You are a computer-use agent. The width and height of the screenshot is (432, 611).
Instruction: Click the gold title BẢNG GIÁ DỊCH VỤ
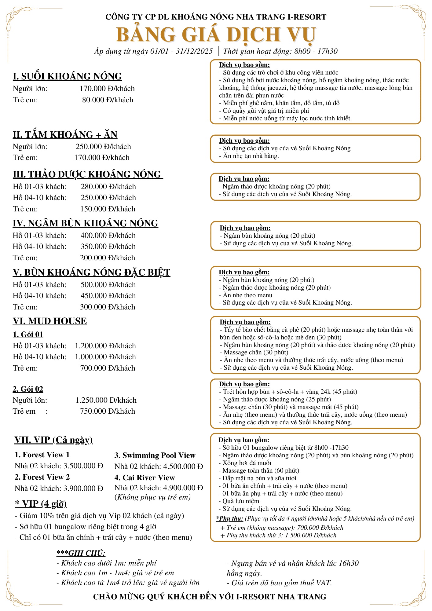click(x=216, y=35)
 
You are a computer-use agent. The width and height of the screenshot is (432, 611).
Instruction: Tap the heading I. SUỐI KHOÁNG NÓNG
click(x=67, y=76)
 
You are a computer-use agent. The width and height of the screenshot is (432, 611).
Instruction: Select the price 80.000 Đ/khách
click(x=108, y=100)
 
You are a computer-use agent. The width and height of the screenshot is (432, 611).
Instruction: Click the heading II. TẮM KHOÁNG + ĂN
click(x=65, y=134)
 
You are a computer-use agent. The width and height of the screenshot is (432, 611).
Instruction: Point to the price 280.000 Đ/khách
click(x=108, y=187)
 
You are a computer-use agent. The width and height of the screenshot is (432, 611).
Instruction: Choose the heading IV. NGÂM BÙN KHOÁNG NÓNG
click(x=86, y=223)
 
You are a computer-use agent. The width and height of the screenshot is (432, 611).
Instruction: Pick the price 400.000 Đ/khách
click(x=108, y=236)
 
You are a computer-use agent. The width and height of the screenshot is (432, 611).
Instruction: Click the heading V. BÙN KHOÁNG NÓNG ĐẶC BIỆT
click(x=91, y=272)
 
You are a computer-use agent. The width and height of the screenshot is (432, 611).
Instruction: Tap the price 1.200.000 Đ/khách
click(x=105, y=346)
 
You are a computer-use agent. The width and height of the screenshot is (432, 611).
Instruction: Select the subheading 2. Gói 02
click(x=28, y=389)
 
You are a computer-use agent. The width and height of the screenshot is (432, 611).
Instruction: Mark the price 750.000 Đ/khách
click(x=108, y=411)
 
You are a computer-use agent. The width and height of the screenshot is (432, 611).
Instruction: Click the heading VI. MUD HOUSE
click(x=50, y=321)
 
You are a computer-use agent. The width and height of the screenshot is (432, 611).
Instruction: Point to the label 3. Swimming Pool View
click(x=155, y=456)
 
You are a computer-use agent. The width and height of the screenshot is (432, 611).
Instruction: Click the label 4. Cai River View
click(x=145, y=477)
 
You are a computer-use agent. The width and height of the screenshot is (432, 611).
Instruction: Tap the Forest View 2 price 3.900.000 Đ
click(x=83, y=488)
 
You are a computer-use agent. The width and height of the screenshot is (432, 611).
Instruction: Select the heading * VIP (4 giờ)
click(x=41, y=503)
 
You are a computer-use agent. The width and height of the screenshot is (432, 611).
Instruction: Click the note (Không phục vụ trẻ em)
click(x=152, y=497)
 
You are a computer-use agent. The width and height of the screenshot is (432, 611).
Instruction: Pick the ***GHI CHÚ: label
click(x=81, y=553)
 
